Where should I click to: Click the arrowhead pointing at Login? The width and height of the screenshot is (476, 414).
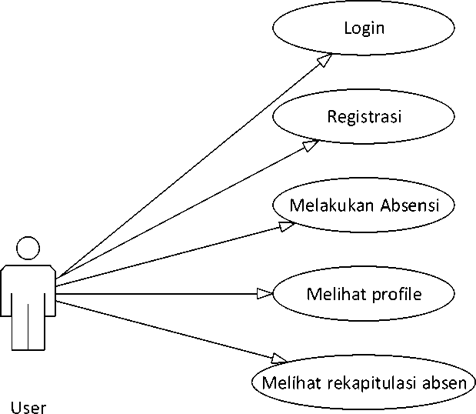coord(327,59)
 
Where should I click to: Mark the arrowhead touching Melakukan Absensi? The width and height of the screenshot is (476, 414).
coord(286,225)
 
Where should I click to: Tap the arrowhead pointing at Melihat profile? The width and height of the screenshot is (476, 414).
coord(265,292)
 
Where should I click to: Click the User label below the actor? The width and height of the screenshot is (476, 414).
coord(28,406)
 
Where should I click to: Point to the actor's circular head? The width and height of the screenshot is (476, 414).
coord(28,248)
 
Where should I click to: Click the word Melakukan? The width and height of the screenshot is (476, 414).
coord(331,205)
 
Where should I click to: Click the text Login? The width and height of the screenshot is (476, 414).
coord(364,29)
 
